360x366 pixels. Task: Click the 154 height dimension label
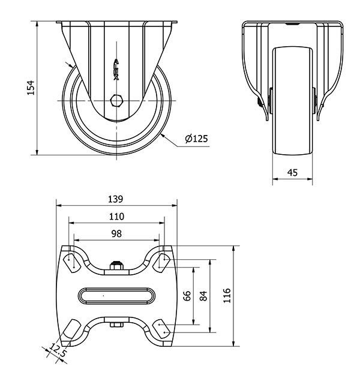[x=31, y=88]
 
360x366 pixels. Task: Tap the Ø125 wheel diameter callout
[x=196, y=139]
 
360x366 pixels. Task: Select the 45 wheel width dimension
[x=292, y=172]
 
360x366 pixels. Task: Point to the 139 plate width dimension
[x=115, y=199]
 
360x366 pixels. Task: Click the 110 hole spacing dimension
[x=116, y=217]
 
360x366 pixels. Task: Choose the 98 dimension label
[x=116, y=233]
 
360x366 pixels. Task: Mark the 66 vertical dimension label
[x=187, y=296]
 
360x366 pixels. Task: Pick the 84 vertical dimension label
[x=203, y=296]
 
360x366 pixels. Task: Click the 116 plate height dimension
[x=227, y=296]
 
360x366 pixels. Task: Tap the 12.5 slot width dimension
[x=58, y=350]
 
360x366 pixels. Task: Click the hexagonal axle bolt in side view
[x=116, y=101]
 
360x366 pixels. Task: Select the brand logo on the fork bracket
[x=116, y=70]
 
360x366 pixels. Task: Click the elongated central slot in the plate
[x=116, y=296]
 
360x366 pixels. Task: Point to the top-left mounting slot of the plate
[x=72, y=263]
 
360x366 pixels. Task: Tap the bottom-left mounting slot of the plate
[x=72, y=329]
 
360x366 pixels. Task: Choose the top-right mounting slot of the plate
[x=161, y=263]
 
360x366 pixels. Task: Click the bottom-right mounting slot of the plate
[x=161, y=329]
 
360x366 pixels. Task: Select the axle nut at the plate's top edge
[x=116, y=265]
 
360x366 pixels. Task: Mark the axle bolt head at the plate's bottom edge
[x=116, y=325]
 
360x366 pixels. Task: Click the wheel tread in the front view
[x=293, y=101]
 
